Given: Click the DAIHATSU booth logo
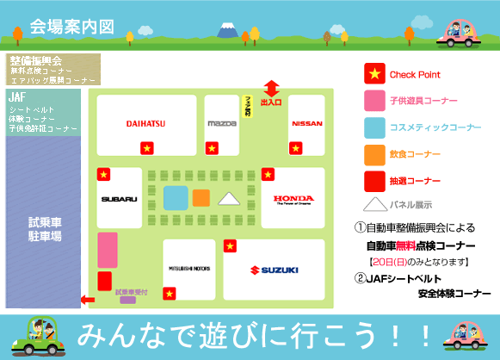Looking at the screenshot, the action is coord(145,123).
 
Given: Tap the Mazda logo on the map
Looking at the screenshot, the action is coord(221,123).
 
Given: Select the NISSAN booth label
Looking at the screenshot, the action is coord(307,123).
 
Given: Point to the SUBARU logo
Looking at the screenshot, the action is coord(119,199).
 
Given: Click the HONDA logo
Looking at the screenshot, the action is coord(293,200).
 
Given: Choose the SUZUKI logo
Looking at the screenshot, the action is coord(274,270).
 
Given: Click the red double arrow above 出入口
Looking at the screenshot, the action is coord(272,88).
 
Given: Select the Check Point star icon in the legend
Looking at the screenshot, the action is coord(374,75).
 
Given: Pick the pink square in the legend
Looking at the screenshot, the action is coord(374,102).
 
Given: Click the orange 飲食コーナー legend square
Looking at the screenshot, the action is coord(374,155).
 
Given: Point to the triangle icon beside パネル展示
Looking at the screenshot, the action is coord(374,206).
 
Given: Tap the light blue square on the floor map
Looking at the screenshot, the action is coord(176,197).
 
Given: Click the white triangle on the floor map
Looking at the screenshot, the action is coord(228,199).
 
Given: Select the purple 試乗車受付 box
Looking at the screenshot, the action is coord(127,300).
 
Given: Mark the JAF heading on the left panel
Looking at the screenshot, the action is coord(18,97).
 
